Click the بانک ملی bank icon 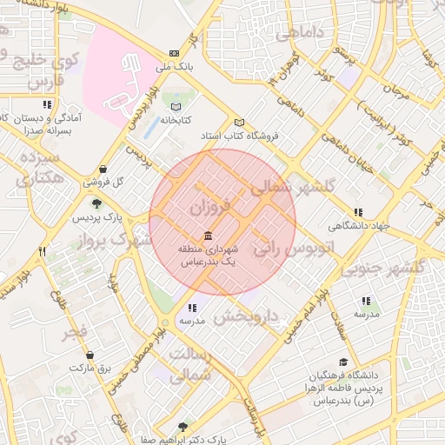(x=174, y=52)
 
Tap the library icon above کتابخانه (x=177, y=105)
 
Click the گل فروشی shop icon (x=103, y=169)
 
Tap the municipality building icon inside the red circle (x=208, y=236)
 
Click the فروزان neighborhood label (x=211, y=209)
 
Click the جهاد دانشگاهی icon (x=358, y=212)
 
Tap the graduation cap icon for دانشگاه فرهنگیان (x=343, y=362)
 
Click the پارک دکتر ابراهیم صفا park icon (x=182, y=427)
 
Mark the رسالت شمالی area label (x=189, y=366)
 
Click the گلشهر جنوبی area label (x=382, y=269)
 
